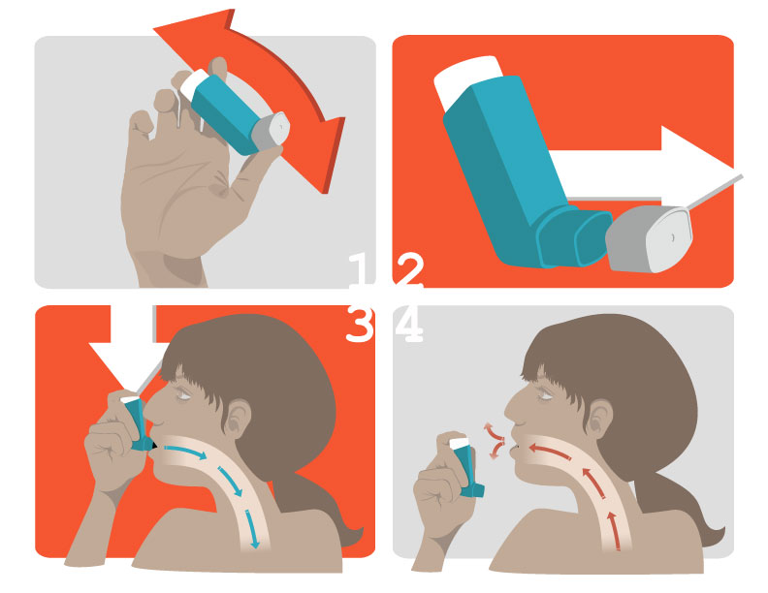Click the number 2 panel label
pos(409,270)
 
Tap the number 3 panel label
pos(360,323)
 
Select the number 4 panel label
pos(409,323)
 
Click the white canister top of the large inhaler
pos(467,80)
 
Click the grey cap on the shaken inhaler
pos(271,131)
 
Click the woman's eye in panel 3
pos(183,392)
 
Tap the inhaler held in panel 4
pos(465,467)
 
